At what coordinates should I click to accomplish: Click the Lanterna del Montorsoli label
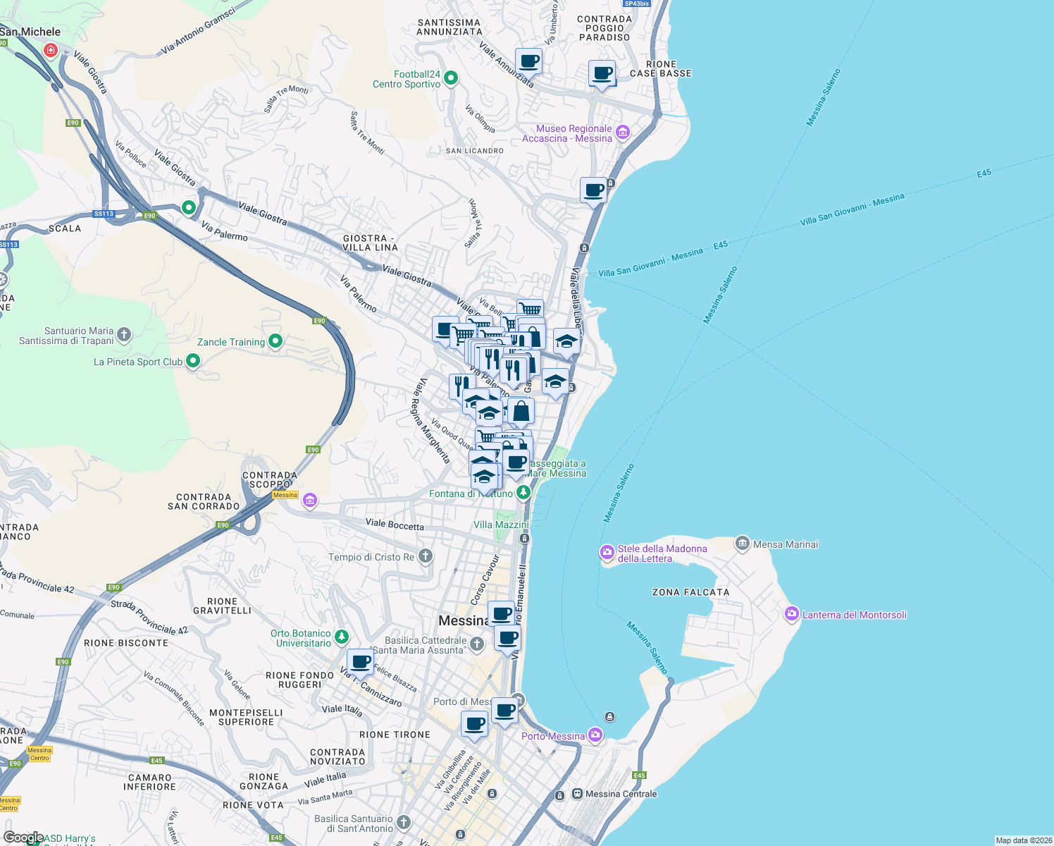(x=854, y=615)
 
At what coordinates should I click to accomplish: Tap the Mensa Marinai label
(x=786, y=544)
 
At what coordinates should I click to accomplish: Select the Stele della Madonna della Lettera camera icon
(x=607, y=553)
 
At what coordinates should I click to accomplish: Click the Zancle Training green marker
(x=275, y=342)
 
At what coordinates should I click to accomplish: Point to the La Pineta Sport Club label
(x=138, y=362)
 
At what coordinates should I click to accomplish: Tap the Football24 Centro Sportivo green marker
(x=451, y=78)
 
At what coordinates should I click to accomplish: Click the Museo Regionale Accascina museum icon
(x=622, y=133)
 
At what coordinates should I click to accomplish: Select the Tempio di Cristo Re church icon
(x=425, y=556)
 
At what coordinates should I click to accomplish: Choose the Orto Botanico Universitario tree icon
(x=342, y=637)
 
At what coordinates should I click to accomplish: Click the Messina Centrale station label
(x=621, y=794)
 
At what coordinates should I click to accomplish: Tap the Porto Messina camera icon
(x=595, y=735)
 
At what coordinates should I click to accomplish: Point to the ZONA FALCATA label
(x=690, y=592)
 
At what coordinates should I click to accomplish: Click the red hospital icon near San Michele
(x=51, y=50)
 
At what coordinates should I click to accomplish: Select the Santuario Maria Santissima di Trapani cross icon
(x=124, y=335)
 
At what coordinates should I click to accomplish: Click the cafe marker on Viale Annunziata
(x=528, y=61)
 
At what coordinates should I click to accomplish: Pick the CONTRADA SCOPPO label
(x=269, y=479)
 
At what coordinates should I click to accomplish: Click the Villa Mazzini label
(x=501, y=525)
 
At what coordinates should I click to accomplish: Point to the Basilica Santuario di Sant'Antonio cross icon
(x=403, y=822)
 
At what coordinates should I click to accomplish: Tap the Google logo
(x=23, y=838)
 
